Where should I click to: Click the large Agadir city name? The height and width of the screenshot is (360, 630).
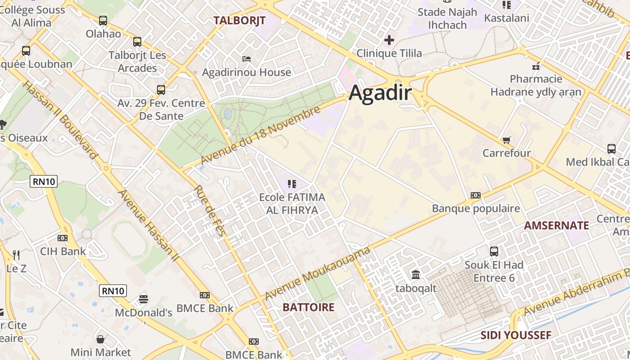[380, 93]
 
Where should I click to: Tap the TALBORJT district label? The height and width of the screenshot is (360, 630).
[239, 20]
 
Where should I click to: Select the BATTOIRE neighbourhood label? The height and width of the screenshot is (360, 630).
[308, 307]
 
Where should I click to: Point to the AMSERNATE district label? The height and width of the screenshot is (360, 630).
[557, 225]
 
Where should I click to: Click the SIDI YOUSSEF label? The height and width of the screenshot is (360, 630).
[516, 335]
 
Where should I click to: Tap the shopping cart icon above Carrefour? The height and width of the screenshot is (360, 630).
[507, 140]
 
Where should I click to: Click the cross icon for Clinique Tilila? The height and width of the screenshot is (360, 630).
[389, 40]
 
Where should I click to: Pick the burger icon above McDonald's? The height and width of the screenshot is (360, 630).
[144, 299]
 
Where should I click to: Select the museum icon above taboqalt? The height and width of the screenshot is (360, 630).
[416, 274]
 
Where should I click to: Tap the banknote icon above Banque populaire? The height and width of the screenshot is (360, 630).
[476, 195]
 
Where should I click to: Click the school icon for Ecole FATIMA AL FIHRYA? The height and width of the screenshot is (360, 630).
[292, 184]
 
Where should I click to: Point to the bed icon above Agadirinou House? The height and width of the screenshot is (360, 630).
[246, 58]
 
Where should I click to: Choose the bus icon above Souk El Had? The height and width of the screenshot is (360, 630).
[494, 251]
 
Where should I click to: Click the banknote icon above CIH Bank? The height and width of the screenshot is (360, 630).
[63, 238]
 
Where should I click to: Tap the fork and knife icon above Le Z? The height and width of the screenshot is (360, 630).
[16, 255]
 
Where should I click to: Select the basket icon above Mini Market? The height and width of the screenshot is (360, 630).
[101, 339]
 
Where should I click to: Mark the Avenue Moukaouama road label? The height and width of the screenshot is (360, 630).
[318, 273]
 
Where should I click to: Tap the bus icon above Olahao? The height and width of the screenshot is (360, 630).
[103, 20]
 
